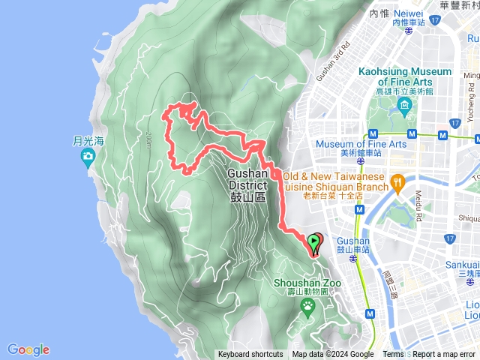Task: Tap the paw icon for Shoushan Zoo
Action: [307, 305]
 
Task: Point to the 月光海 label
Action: [87, 139]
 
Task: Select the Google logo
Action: [28, 349]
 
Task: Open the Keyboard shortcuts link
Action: [250, 355]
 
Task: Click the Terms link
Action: [393, 355]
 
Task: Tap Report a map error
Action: [444, 355]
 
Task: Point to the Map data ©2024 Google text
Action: [333, 355]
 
